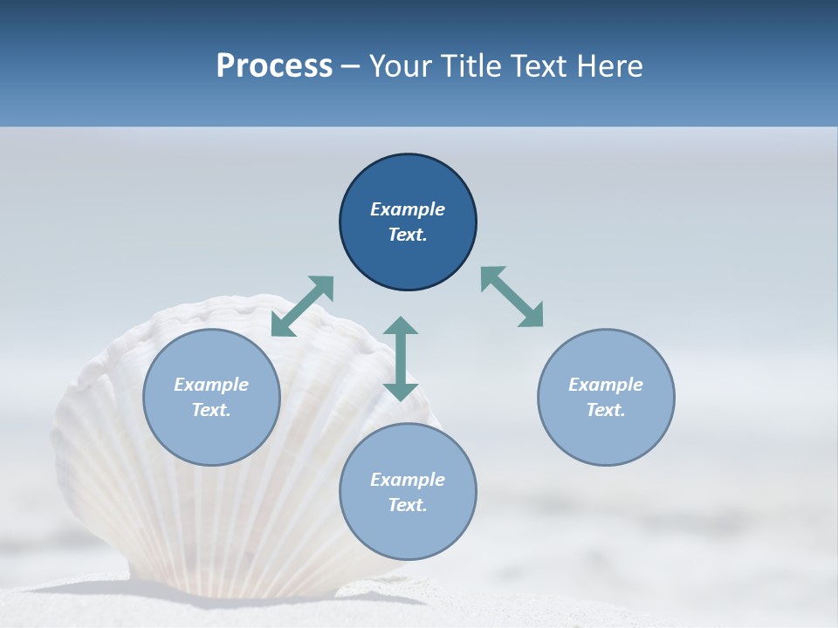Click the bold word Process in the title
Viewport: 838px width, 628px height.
tap(274, 66)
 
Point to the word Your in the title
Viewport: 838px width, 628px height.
tap(401, 66)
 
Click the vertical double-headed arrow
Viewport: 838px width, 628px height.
tap(401, 358)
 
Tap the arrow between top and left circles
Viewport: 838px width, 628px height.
tap(302, 306)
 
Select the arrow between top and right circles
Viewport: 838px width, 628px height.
tap(512, 297)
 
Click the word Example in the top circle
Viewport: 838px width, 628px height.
tap(408, 209)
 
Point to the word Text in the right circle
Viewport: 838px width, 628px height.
tap(606, 410)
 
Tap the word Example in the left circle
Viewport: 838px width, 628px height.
tap(211, 385)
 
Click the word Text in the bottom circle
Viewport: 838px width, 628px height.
tap(408, 505)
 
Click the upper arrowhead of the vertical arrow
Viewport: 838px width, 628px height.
tap(401, 327)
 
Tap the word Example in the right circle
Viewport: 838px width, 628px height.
tap(606, 385)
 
